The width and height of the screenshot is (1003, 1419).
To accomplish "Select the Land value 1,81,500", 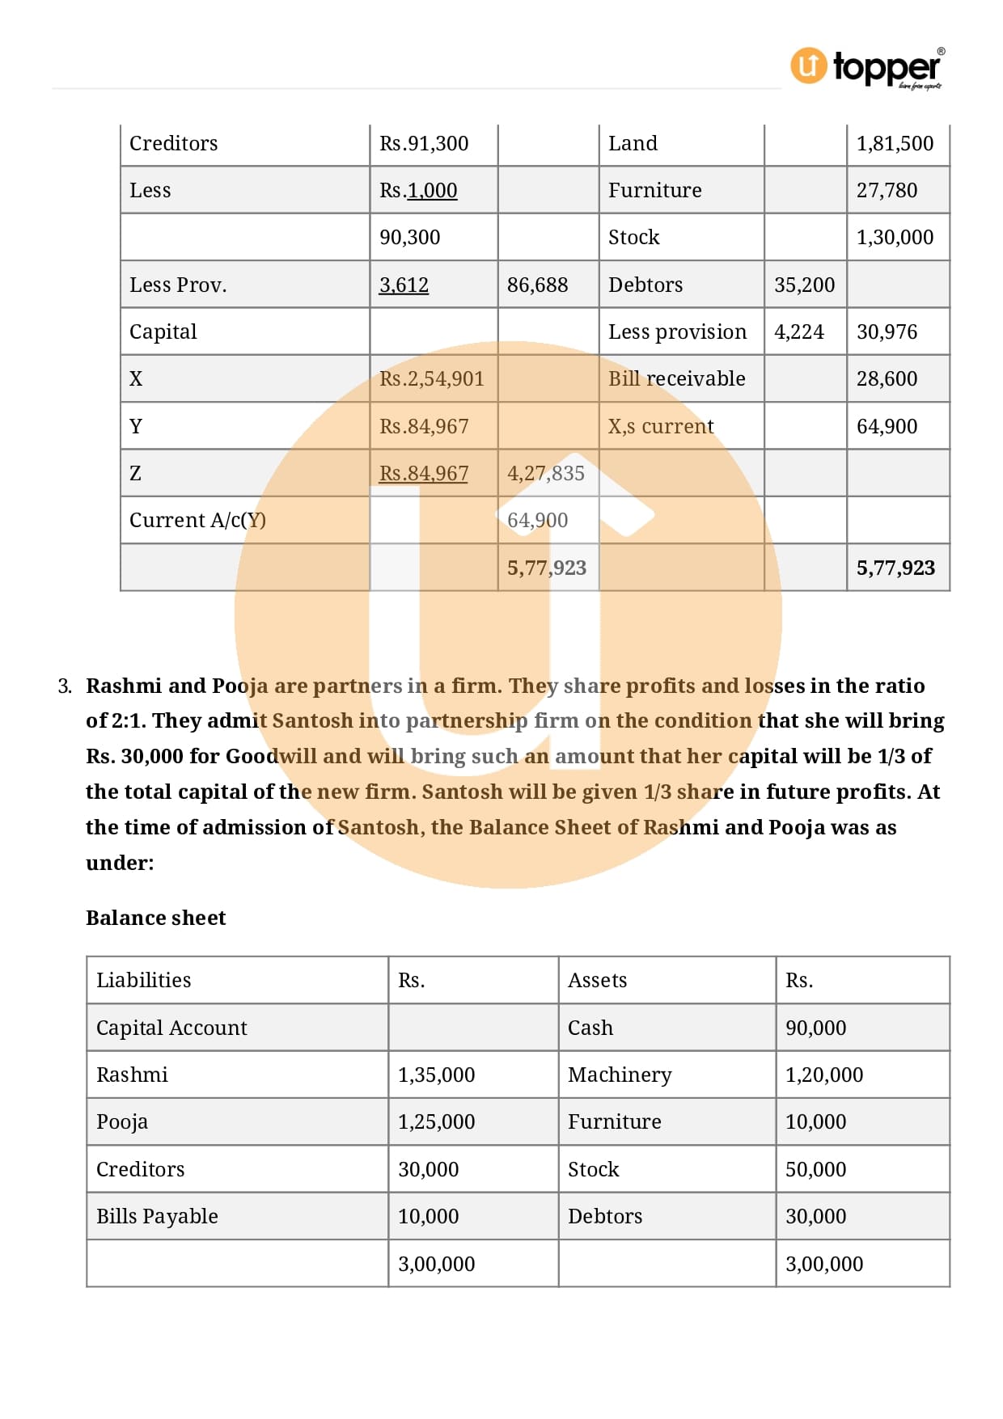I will [x=895, y=144].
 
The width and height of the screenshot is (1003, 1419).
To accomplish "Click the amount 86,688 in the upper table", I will [x=537, y=285].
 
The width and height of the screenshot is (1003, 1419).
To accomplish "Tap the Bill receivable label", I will [x=676, y=379].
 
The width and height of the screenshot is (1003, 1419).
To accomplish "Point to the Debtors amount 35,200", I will [x=804, y=285].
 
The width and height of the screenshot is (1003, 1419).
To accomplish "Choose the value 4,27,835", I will [x=545, y=474].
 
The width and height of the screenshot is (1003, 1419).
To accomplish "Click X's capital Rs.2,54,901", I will [x=431, y=379].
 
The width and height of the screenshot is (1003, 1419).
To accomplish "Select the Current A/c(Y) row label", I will [x=197, y=521].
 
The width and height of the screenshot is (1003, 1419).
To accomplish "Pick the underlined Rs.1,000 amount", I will [x=418, y=191].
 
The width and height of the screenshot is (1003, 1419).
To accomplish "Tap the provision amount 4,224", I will [x=798, y=332].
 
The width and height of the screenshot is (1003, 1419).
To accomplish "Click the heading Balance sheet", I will [x=156, y=918].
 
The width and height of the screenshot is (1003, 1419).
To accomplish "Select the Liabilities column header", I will [x=144, y=981].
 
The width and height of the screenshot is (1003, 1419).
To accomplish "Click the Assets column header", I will [x=597, y=981].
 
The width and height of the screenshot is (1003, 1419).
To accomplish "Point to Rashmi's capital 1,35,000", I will [x=436, y=1075].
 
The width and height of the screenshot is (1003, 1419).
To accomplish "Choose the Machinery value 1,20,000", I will [x=823, y=1075].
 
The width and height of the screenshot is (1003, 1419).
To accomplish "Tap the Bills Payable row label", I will [x=157, y=1217].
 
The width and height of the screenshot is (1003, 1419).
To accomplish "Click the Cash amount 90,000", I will [x=815, y=1028].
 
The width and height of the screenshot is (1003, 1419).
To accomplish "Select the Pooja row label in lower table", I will [x=122, y=1122].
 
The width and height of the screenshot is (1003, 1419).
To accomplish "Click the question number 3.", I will [x=65, y=686].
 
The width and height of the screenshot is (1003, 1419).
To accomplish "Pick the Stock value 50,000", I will [x=815, y=1170].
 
